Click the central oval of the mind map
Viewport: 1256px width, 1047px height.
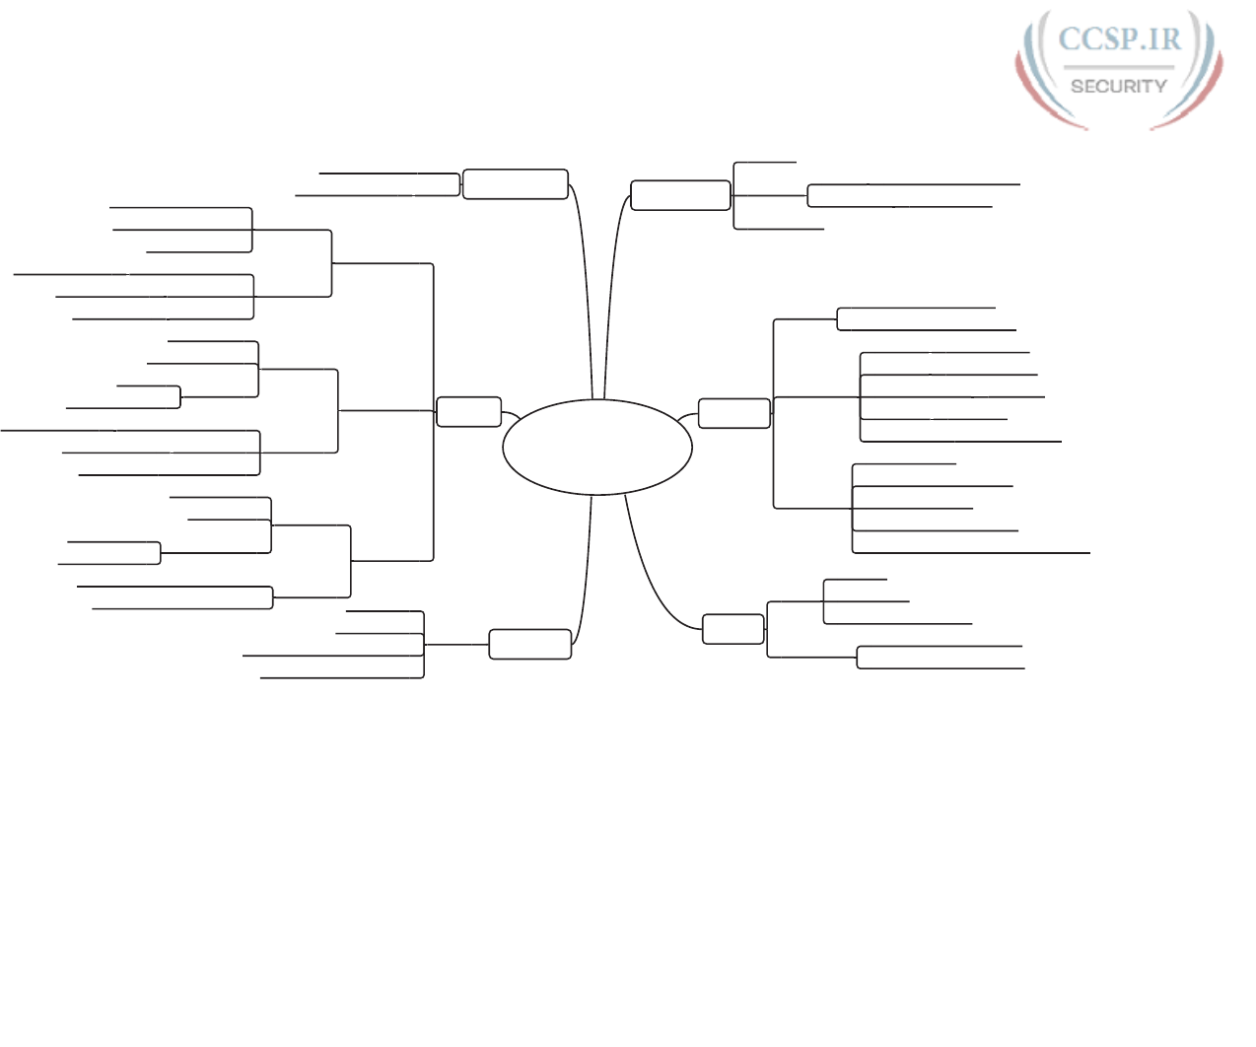596,447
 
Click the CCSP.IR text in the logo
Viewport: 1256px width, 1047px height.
1119,39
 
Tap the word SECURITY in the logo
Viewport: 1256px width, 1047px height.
1119,87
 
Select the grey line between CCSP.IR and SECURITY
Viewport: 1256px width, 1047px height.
1119,67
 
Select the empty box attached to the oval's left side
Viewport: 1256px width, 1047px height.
468,412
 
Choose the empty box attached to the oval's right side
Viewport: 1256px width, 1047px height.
734,413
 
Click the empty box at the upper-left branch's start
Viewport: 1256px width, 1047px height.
516,184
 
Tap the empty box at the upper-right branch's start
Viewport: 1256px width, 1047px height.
680,195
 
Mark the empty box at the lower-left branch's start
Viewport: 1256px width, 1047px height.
530,644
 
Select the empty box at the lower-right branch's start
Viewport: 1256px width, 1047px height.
733,629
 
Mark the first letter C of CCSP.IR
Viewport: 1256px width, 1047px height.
1070,39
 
